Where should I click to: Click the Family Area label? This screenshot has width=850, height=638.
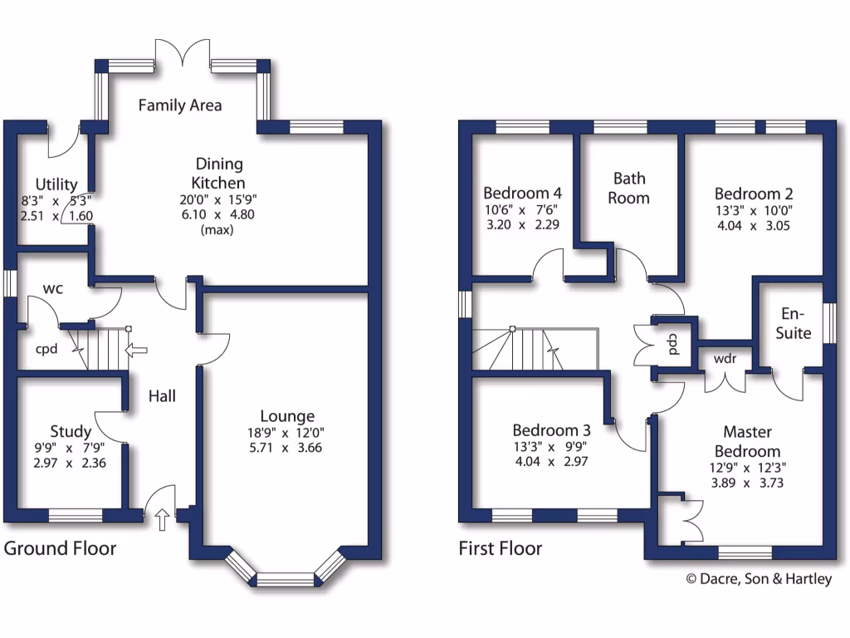[180, 106]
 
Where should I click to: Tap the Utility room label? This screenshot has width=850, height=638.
[56, 184]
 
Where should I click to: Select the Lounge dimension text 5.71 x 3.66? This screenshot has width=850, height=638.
[286, 448]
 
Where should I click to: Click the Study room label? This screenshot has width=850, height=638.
[71, 431]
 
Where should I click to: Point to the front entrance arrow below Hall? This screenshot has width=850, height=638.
[163, 520]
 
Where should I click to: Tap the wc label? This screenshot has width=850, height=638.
[54, 288]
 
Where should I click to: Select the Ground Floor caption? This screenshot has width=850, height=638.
[61, 548]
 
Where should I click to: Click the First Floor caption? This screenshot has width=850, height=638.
[501, 548]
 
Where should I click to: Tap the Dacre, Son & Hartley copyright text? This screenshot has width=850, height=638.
[758, 579]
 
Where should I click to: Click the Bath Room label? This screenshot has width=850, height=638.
[630, 188]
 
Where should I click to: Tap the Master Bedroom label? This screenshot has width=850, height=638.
[747, 441]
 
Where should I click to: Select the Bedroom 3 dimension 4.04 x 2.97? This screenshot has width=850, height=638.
[551, 461]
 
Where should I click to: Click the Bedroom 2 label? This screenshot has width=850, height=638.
[754, 194]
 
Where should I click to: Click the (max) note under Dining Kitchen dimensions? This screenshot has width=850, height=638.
[217, 230]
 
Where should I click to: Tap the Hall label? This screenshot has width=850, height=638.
[162, 397]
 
